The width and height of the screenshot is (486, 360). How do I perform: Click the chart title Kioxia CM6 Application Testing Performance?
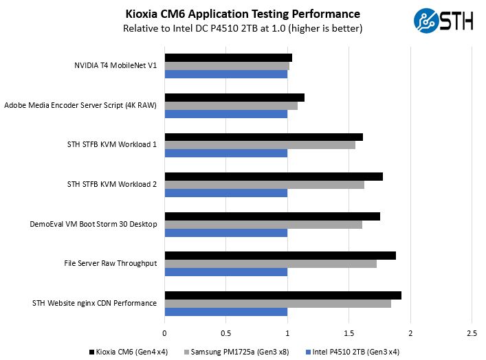(243, 14)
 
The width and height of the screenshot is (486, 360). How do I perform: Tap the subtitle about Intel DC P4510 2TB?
(243, 29)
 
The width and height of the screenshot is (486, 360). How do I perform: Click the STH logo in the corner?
(443, 20)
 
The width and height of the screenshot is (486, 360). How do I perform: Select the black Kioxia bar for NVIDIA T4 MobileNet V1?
(228, 58)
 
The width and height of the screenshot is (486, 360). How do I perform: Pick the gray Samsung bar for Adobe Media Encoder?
(231, 106)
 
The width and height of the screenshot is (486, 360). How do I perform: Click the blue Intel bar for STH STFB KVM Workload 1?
(225, 153)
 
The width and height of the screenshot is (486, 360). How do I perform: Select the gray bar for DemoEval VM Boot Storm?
(263, 225)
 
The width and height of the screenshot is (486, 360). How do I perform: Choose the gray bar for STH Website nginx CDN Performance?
(278, 304)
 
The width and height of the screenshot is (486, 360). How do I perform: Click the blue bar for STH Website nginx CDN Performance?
(225, 312)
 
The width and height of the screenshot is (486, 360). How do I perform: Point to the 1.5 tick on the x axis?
(349, 333)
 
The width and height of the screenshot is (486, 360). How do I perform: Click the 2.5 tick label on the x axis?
(471, 333)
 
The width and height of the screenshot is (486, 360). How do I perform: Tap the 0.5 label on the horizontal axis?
(225, 333)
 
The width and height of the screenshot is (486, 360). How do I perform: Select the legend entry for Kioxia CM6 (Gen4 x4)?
(129, 352)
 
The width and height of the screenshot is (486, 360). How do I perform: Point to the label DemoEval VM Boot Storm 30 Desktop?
(93, 224)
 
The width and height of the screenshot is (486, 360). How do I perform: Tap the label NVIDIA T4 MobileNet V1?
(115, 66)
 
